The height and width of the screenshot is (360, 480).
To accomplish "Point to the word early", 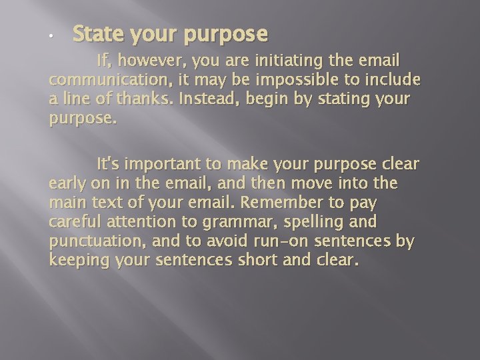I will click(69, 183).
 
